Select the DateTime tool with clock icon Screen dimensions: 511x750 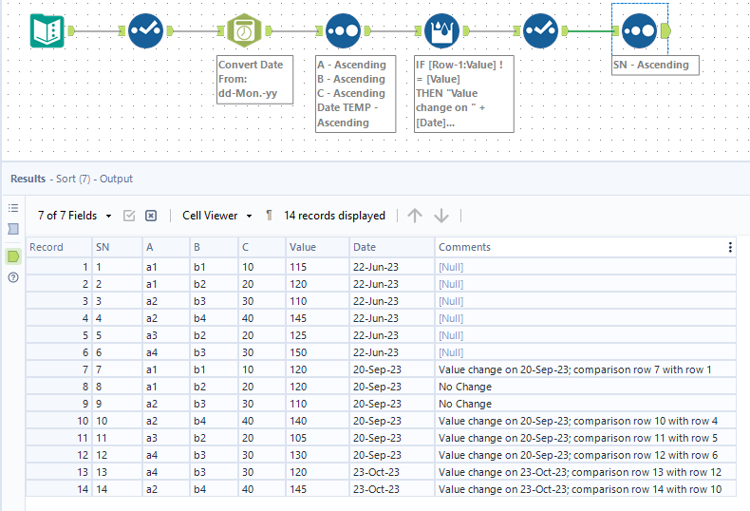(x=244, y=30)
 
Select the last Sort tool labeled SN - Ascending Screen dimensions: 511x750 (x=639, y=30)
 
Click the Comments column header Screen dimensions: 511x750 (x=465, y=247)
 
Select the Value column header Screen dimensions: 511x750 (x=303, y=247)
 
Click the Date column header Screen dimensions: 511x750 (x=365, y=247)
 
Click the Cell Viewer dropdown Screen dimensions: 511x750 (x=217, y=216)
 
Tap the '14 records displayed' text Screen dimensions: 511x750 (x=334, y=216)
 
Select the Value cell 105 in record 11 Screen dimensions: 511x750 (x=300, y=438)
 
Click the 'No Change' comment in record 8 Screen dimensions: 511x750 (x=465, y=387)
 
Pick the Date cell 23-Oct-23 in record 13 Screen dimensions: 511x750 (x=377, y=472)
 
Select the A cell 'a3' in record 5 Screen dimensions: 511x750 (x=153, y=334)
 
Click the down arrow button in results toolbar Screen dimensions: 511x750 (x=441, y=216)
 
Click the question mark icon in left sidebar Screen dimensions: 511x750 (x=13, y=277)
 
